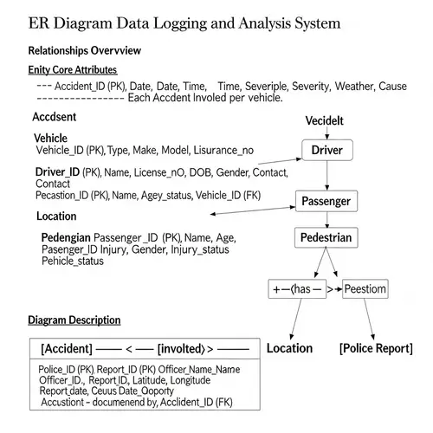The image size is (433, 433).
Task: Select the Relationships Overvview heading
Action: point(85,51)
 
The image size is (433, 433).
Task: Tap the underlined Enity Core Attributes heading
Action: point(73,69)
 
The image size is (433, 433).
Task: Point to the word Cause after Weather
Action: point(392,87)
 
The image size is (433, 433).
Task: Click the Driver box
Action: point(326,151)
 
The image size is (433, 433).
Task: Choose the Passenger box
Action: point(326,202)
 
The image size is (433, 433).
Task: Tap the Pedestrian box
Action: point(326,237)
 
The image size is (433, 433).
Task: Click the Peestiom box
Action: point(365,288)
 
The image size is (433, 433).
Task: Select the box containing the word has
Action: point(297,288)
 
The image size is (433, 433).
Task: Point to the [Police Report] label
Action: point(375,348)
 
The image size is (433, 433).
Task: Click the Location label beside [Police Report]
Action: point(289,348)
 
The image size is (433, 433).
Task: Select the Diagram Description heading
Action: point(74,320)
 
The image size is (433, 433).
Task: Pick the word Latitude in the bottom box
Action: point(165,379)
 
